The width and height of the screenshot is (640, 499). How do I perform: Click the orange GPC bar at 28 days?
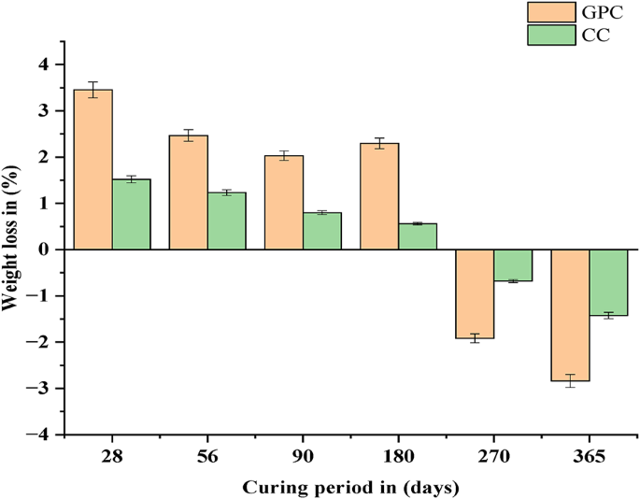coord(92,170)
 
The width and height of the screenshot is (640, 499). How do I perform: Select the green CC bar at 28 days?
coord(131,215)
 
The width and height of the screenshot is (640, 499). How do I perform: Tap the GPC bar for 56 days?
coord(188,192)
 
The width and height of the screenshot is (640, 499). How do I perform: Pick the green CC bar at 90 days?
coord(321,231)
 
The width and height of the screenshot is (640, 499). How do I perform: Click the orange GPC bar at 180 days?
coord(378,196)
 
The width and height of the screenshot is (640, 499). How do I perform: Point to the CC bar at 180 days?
coord(417,236)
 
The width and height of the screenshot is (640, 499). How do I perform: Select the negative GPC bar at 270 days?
coord(474,293)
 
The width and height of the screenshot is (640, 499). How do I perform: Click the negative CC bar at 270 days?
coord(512,265)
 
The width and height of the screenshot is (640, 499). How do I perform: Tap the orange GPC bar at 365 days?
coord(569,315)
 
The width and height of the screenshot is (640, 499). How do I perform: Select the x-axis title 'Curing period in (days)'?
coord(350,487)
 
